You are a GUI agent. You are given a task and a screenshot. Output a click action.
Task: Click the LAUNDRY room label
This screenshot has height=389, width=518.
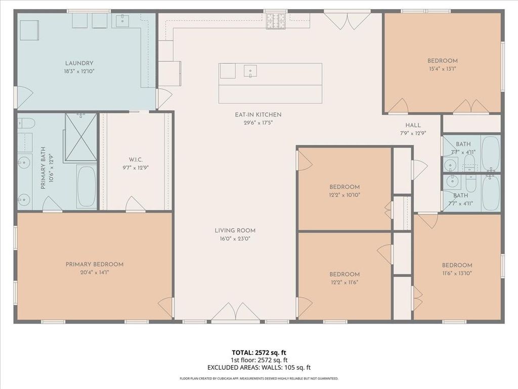[79, 63]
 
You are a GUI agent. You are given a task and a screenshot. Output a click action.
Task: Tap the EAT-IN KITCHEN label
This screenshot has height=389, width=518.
[258, 115]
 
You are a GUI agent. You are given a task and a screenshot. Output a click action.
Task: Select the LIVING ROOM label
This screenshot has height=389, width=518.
[235, 230]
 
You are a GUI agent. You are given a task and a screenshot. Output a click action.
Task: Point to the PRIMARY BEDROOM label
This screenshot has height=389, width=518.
[95, 264]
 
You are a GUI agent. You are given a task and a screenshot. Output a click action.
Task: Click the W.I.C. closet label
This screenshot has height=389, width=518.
[136, 160]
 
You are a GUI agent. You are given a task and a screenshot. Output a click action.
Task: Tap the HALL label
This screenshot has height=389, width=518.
[413, 125]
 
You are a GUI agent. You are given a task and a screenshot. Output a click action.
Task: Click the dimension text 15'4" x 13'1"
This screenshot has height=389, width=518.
[442, 69]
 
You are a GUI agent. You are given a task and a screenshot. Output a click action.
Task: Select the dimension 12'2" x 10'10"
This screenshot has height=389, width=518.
[344, 195]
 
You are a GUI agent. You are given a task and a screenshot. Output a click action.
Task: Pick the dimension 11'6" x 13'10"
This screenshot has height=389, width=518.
[457, 273]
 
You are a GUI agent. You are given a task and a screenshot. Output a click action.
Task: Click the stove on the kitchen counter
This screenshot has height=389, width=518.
[276, 21]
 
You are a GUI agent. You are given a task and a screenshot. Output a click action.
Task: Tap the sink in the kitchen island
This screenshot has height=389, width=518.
[250, 71]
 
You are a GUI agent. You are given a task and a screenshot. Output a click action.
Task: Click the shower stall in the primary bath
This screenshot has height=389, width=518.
[80, 137]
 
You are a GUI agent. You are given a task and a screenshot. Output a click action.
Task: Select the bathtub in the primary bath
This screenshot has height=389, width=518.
[87, 187]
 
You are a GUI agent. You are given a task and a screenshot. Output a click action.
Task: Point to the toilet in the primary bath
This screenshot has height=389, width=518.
[26, 124]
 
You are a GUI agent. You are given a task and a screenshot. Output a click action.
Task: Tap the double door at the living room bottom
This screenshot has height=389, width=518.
[235, 312]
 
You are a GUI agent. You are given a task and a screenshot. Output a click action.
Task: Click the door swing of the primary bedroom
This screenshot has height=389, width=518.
[166, 307]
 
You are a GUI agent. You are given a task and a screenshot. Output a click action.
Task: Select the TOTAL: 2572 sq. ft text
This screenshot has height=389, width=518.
[259, 353]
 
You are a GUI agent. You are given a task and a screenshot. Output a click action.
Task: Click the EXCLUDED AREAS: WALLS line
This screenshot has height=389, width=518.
[259, 367]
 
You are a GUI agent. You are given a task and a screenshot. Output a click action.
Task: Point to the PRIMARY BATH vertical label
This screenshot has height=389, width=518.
[46, 168]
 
